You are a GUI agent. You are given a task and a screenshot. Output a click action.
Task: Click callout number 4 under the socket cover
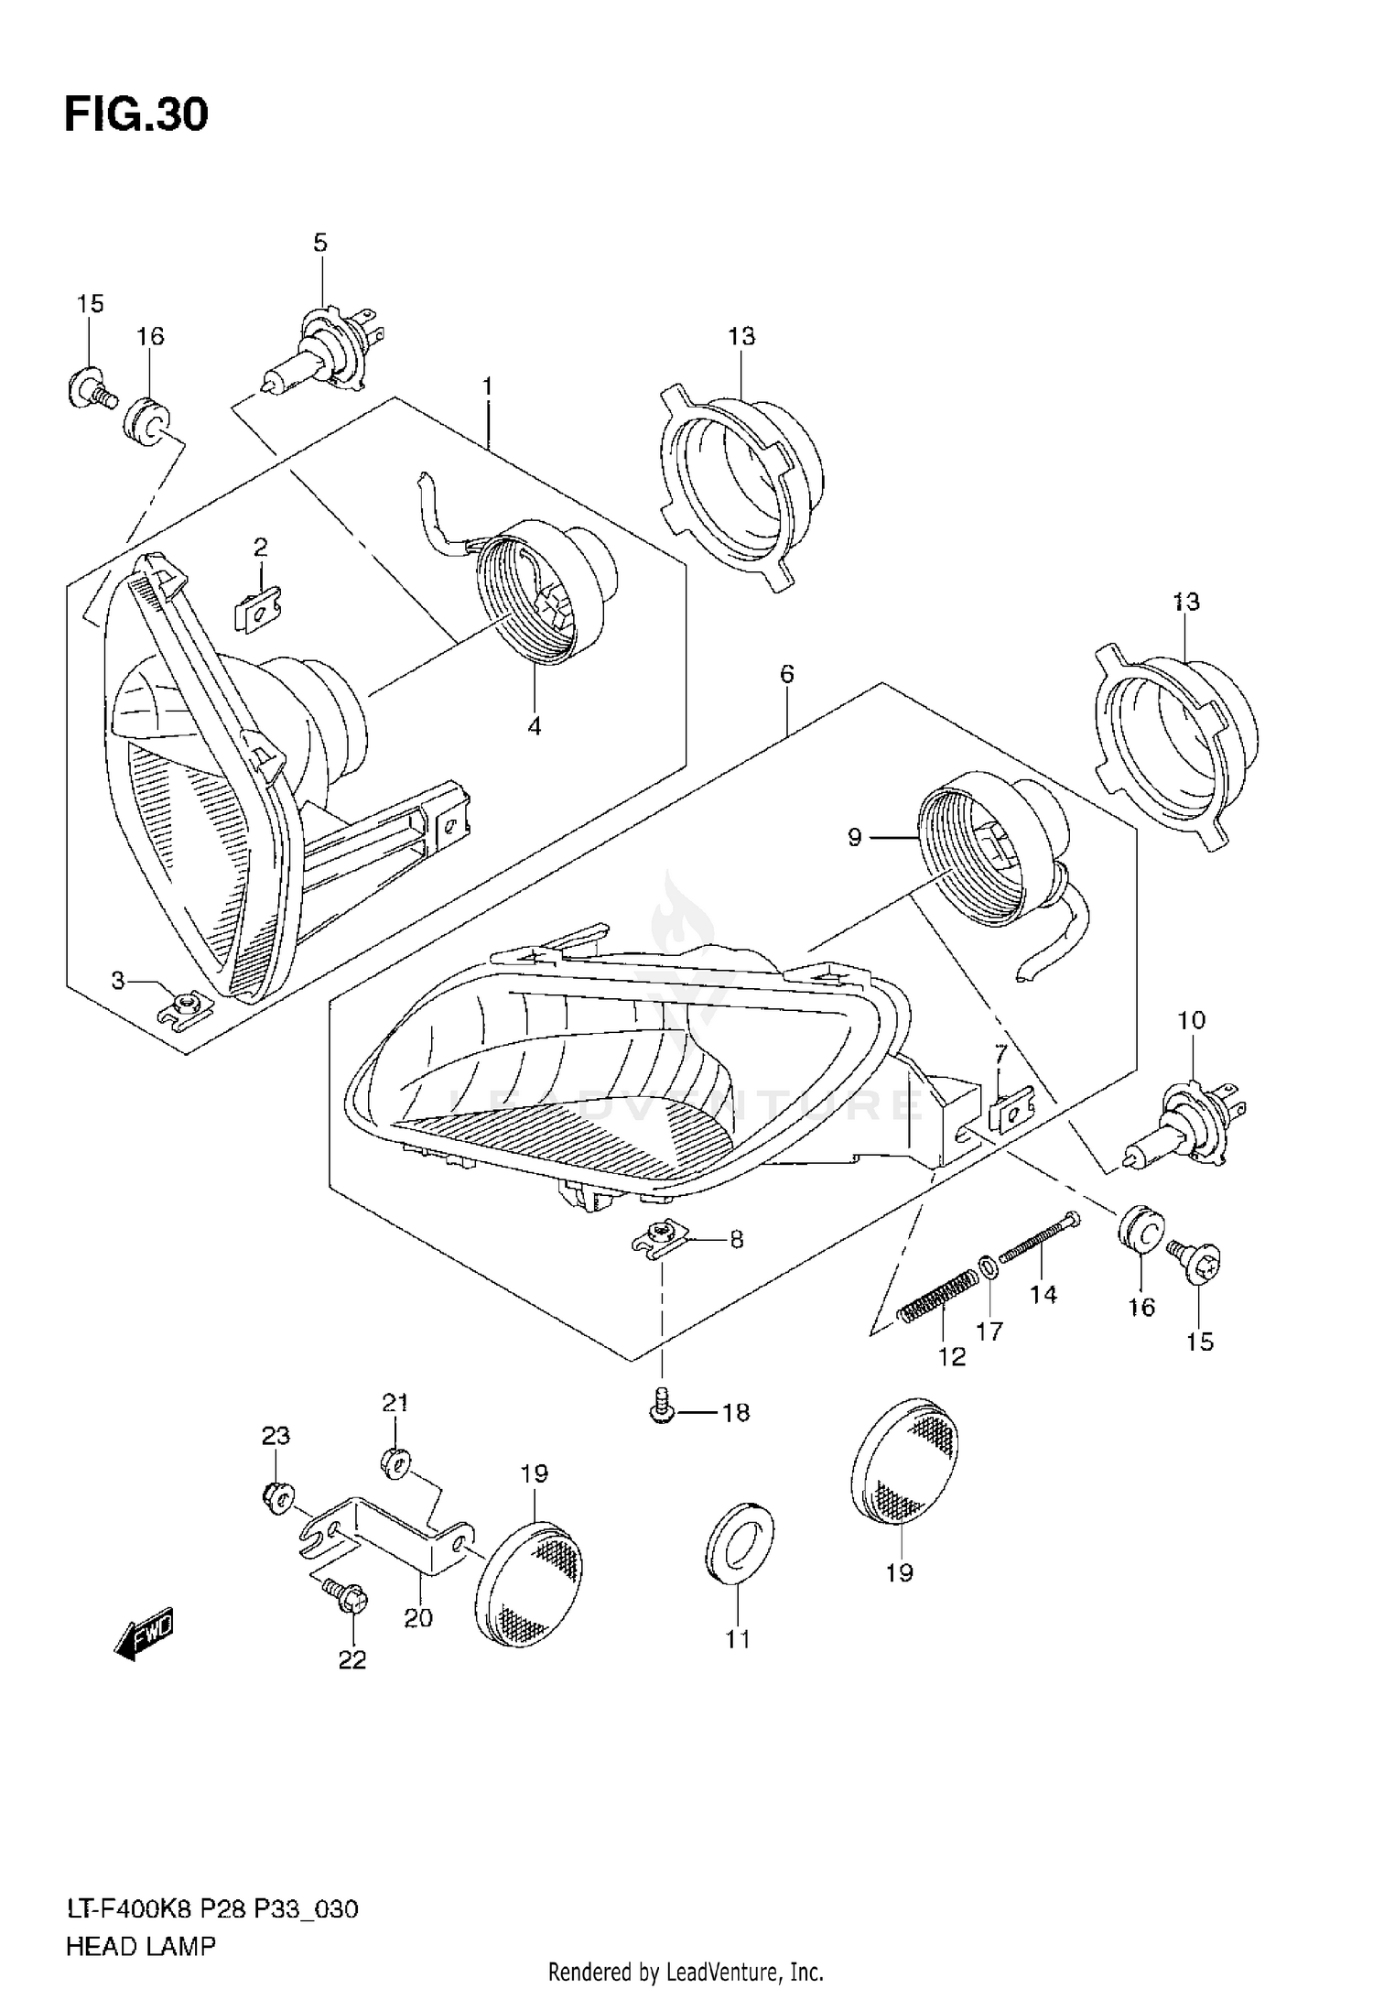[x=534, y=727]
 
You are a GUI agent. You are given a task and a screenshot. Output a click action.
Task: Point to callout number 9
[x=854, y=837]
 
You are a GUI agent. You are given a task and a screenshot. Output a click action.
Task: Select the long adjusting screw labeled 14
[x=1039, y=1236]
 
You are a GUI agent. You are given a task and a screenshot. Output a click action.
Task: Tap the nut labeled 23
[x=276, y=1498]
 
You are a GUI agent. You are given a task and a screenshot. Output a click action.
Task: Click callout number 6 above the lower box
[x=786, y=675]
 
